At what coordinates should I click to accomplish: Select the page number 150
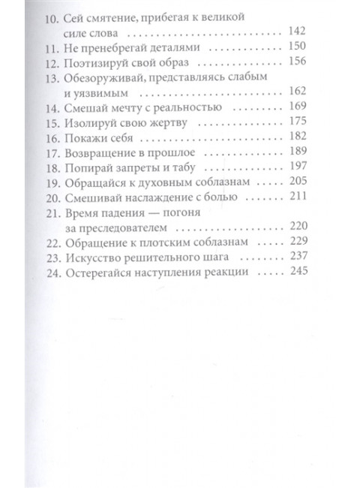[x=298, y=47]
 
